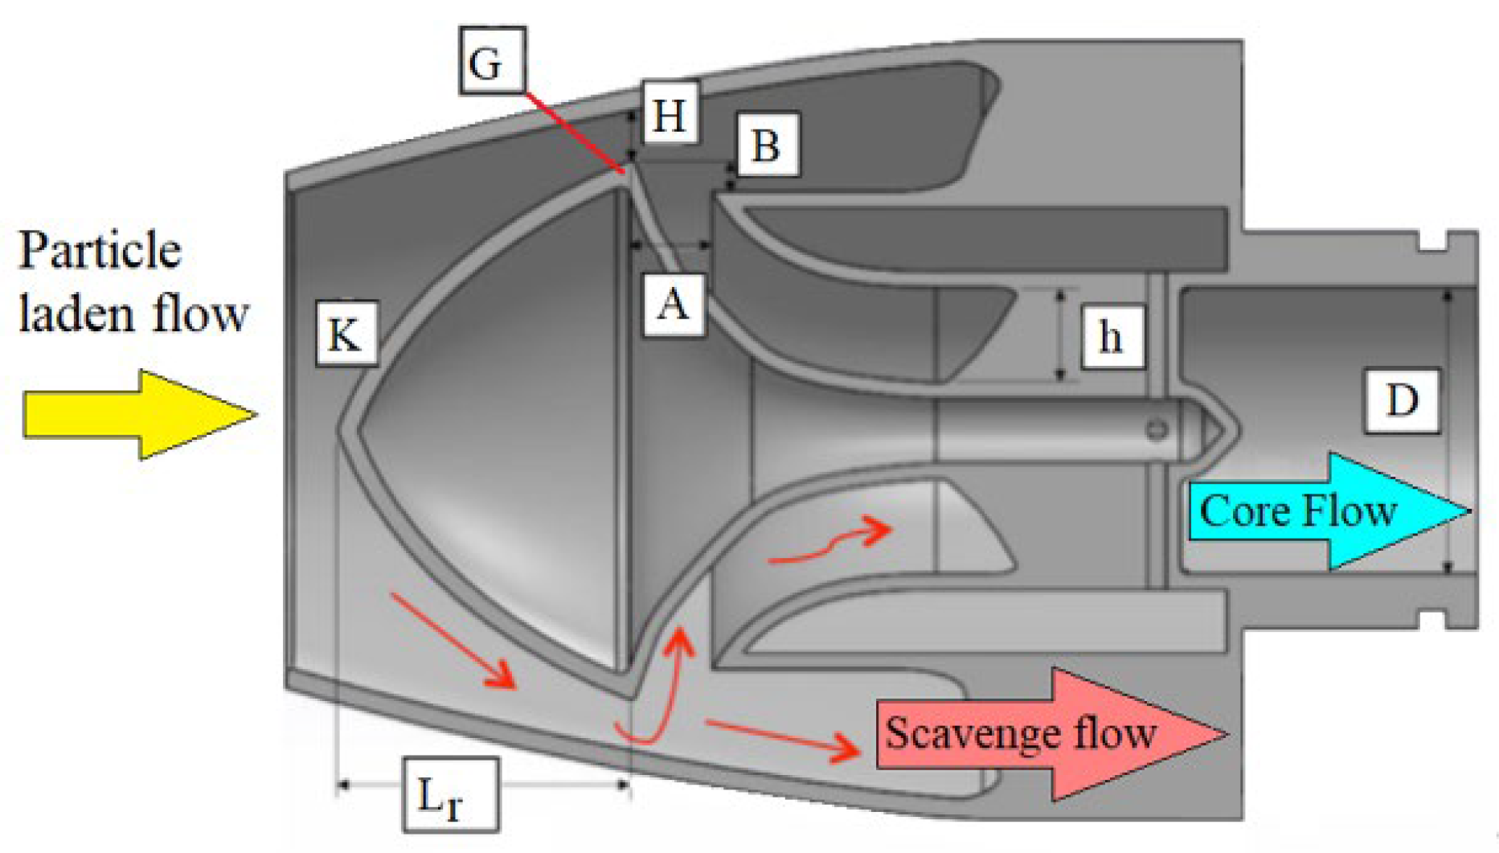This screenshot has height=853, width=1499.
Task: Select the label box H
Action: point(670,113)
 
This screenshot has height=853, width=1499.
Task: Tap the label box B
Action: point(768,146)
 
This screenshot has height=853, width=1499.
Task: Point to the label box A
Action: point(674,305)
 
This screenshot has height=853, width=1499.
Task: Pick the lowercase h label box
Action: point(1112,336)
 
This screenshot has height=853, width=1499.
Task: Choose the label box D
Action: point(1402,400)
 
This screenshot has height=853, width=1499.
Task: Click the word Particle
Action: point(100,251)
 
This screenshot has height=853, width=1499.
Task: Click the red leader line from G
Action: point(575,133)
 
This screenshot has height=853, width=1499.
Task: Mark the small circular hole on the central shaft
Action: point(1157,429)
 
